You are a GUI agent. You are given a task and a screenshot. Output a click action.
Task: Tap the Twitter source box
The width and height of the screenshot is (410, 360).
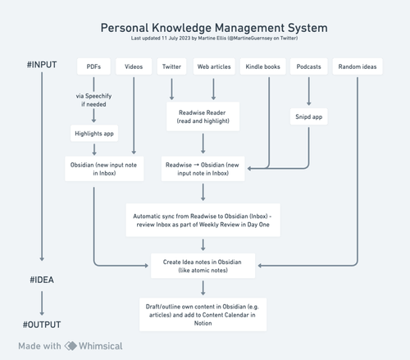coord(172,65)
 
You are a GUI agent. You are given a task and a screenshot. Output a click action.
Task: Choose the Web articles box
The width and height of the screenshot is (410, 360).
coord(215,65)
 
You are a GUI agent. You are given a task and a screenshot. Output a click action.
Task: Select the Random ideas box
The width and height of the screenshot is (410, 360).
coord(358,65)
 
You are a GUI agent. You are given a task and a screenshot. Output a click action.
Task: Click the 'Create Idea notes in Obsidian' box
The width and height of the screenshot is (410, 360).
coord(203,265)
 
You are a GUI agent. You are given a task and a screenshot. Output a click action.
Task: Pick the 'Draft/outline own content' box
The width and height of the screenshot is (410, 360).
coord(203,314)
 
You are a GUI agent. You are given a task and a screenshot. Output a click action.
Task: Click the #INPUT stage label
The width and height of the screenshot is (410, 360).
coord(42,65)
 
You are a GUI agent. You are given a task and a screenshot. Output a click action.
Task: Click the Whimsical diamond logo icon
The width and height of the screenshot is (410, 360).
coord(71,346)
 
